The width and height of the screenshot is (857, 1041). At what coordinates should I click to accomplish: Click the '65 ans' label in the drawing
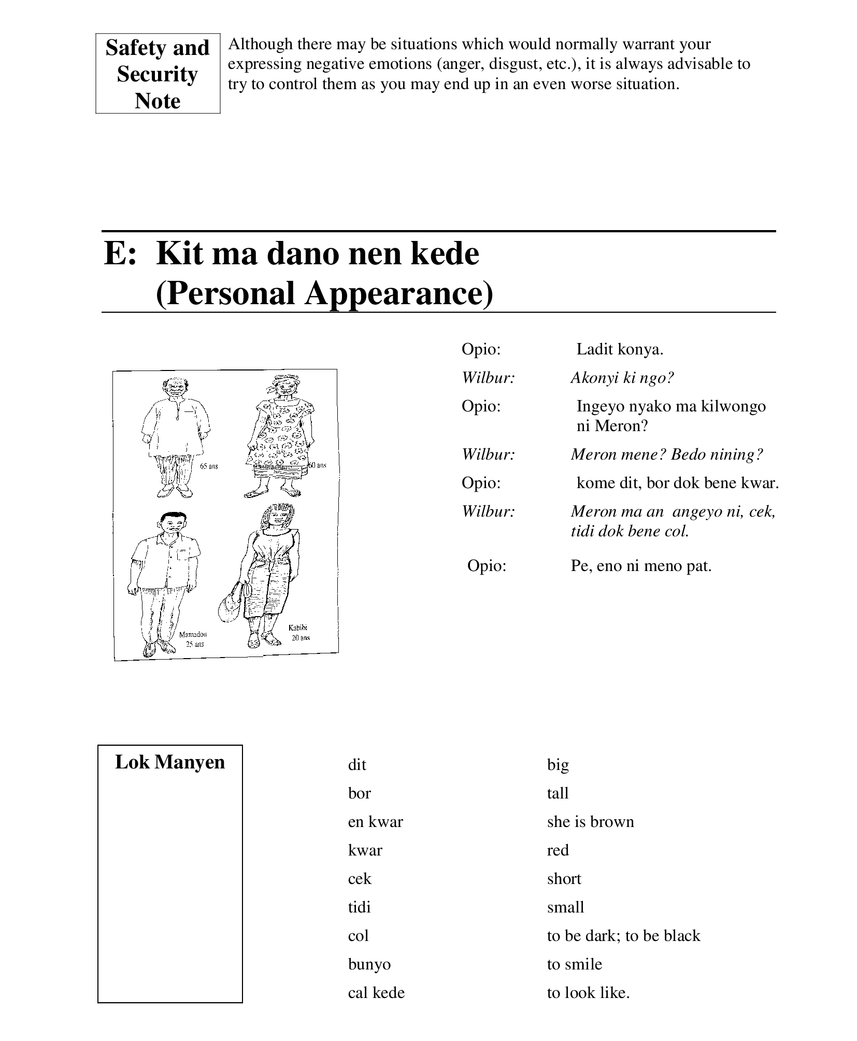pos(209,466)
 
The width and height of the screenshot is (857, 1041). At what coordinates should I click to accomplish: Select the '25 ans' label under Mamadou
pos(195,644)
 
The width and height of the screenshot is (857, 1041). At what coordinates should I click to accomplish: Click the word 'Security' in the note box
pos(157,74)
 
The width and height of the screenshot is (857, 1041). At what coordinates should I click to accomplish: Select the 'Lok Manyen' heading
pos(170,762)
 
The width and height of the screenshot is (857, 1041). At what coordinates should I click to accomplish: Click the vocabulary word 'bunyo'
pos(369,964)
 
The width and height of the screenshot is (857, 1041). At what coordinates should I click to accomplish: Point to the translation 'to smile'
pos(574,964)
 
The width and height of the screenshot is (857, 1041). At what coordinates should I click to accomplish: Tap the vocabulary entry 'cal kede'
pos(376,993)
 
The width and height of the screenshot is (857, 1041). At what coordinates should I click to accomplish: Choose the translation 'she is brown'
pos(590,822)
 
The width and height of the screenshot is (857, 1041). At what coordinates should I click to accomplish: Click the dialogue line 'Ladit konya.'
pos(620,349)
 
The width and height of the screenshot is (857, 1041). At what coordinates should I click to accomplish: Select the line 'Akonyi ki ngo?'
pos(622,378)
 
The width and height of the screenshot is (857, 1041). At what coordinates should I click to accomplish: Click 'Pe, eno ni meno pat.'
pos(641,565)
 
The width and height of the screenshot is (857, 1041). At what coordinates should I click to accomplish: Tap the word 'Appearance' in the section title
pos(398,293)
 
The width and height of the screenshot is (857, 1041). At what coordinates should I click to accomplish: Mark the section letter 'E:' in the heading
pos(120,254)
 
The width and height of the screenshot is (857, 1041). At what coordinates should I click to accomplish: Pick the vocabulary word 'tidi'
pos(359,907)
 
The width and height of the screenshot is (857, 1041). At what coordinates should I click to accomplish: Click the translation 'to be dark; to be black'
pos(623,936)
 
